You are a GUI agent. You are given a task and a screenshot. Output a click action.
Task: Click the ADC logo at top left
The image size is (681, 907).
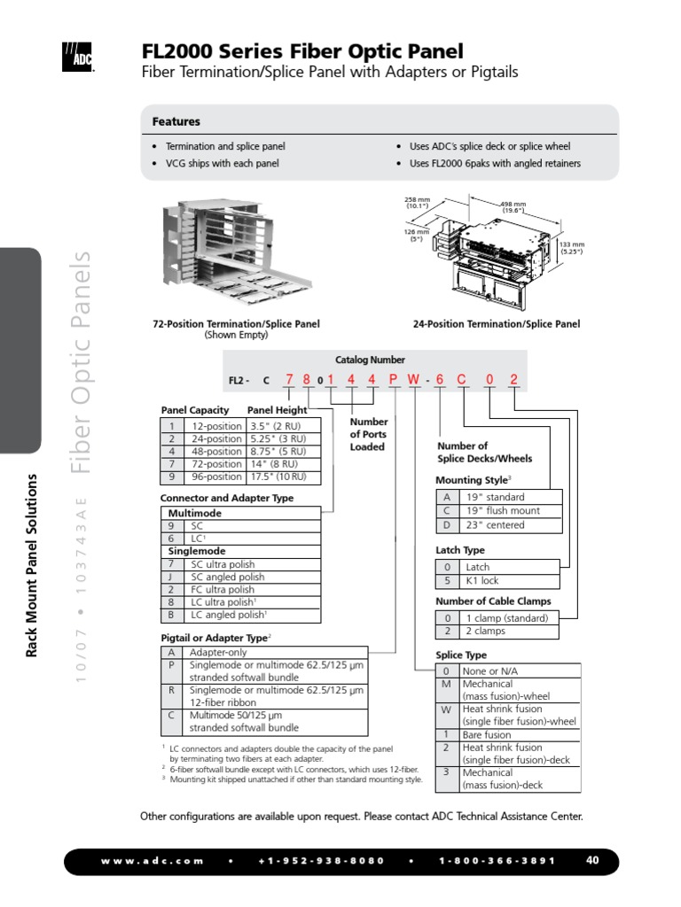78,56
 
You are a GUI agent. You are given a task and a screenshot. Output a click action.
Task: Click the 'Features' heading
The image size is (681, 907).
176,121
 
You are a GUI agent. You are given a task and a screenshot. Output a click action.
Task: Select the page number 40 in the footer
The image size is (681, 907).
593,860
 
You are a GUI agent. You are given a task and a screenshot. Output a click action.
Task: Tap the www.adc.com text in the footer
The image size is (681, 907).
152,861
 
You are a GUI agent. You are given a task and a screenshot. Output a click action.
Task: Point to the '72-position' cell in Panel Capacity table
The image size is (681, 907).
216,464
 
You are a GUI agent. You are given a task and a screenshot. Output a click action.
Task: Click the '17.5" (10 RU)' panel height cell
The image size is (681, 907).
276,477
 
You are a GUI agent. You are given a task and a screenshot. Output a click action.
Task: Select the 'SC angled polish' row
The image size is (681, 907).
228,577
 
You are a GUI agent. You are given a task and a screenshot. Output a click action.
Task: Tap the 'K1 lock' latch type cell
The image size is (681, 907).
483,581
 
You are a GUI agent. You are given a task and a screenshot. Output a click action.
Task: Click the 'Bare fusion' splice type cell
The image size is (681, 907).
487,734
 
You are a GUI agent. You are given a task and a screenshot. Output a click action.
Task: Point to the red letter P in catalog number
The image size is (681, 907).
394,381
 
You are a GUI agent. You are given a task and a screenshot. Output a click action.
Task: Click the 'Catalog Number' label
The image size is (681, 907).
370,360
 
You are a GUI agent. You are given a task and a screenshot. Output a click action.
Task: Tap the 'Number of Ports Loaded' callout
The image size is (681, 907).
367,434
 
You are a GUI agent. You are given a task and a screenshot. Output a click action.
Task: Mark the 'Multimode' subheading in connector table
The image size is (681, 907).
194,513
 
